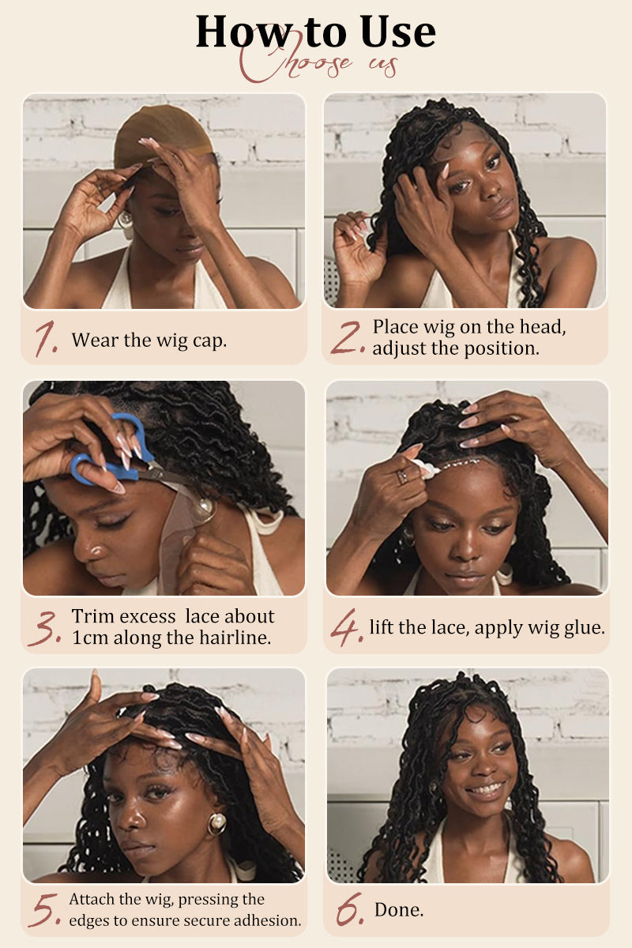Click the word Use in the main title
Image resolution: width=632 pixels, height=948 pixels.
pos(398,32)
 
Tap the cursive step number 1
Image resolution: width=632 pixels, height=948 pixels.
pos(47,338)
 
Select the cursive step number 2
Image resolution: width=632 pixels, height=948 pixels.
pos(347,337)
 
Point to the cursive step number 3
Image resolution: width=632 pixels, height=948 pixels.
pos(45,628)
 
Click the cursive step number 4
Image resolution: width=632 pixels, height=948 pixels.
pos(346,627)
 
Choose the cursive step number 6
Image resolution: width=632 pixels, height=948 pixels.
pos(350,908)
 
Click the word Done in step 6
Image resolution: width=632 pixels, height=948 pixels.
pos(399,909)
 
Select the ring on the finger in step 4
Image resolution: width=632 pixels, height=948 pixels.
pos(402,476)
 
